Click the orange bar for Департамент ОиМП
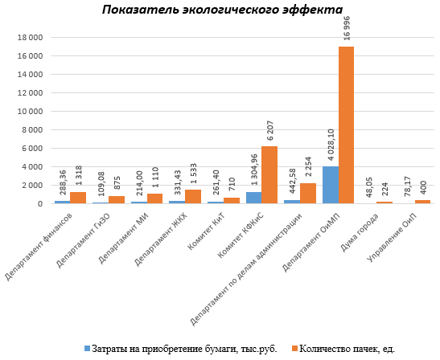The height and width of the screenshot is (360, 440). pyautogui.click(x=346, y=125)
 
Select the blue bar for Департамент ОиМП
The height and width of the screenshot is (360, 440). pyautogui.click(x=331, y=185)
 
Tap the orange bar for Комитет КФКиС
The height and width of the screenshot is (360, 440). pyautogui.click(x=269, y=175)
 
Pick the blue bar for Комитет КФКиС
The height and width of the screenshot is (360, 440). pyautogui.click(x=254, y=198)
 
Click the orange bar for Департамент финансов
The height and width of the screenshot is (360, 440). pyautogui.click(x=78, y=198)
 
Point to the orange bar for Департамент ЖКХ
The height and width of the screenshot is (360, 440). pyautogui.click(x=193, y=197)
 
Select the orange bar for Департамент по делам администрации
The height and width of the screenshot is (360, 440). pyautogui.click(x=308, y=194)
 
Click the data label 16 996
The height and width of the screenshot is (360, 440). pyautogui.click(x=347, y=28)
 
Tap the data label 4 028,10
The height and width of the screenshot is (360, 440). pyautogui.click(x=331, y=145)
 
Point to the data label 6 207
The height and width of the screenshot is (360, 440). pyautogui.click(x=270, y=130)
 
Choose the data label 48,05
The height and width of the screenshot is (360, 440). pyautogui.click(x=369, y=187)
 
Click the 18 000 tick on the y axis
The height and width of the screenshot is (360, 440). pyautogui.click(x=31, y=38)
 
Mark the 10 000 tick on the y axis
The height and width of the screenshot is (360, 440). pyautogui.click(x=31, y=112)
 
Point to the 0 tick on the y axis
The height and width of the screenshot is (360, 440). pyautogui.click(x=40, y=204)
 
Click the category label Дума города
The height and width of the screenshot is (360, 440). pyautogui.click(x=360, y=232)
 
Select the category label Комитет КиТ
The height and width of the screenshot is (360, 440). pyautogui.click(x=208, y=231)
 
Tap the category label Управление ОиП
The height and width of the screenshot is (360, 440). pyautogui.click(x=393, y=238)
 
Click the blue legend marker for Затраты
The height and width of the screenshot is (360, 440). pyautogui.click(x=88, y=349)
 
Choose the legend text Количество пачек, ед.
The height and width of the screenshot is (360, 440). pyautogui.click(x=347, y=349)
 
